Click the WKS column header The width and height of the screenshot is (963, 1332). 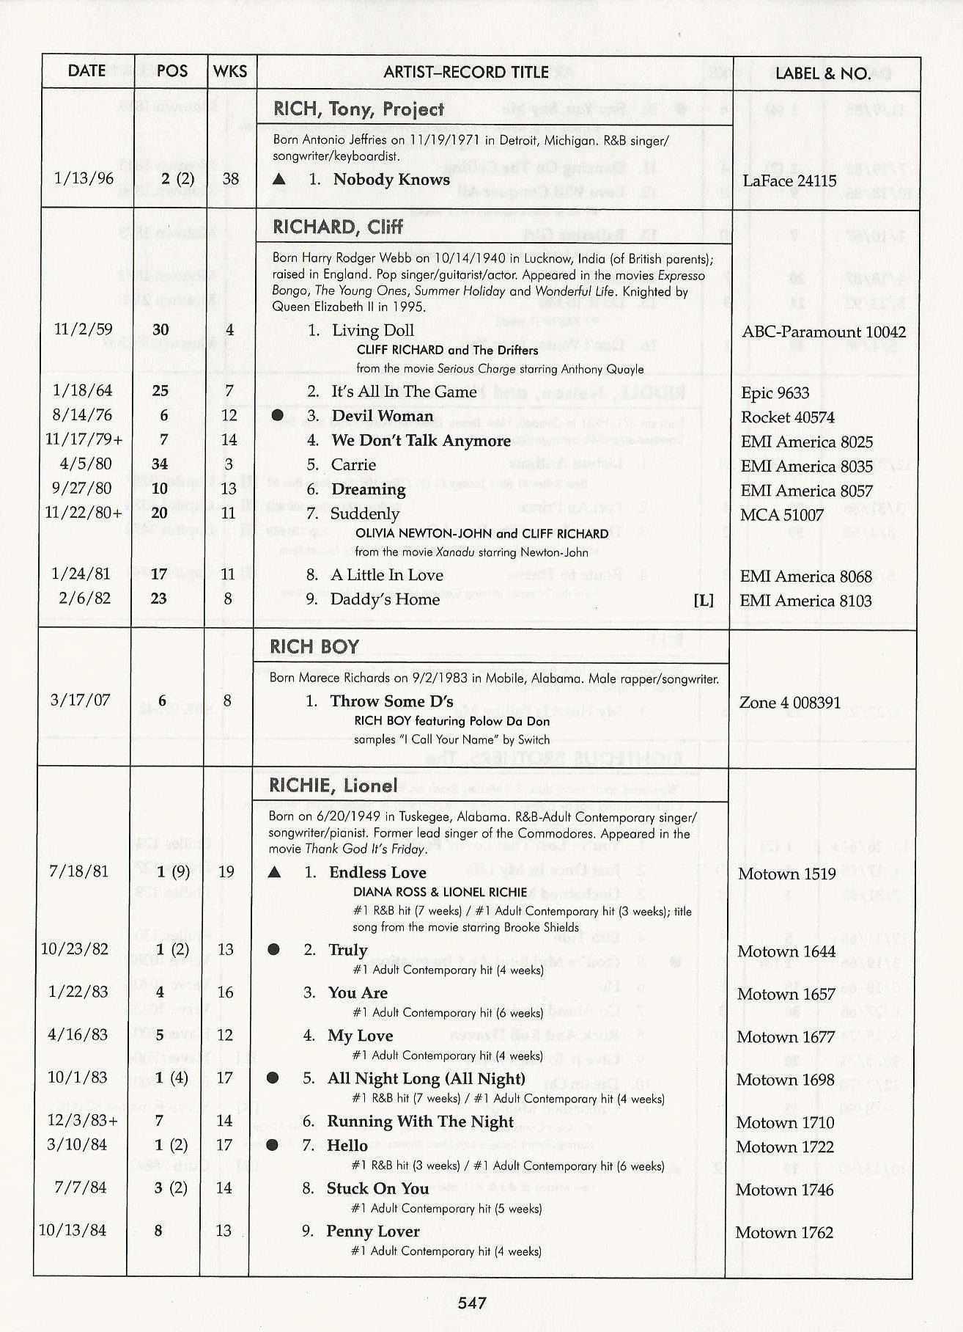(x=230, y=72)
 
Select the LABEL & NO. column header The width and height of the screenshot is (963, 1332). (x=823, y=73)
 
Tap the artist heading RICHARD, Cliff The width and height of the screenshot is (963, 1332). (x=338, y=227)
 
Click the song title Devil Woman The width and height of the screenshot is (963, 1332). (x=383, y=416)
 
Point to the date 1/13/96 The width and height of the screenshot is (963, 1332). (x=84, y=178)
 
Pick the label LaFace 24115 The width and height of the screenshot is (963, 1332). (x=789, y=180)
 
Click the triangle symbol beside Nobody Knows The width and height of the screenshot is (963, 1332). (x=279, y=179)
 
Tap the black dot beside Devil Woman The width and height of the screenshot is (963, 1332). (x=278, y=415)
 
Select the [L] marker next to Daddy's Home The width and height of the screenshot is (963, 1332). (x=703, y=600)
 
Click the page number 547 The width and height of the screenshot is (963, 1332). (x=473, y=1303)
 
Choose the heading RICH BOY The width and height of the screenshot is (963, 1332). (x=314, y=647)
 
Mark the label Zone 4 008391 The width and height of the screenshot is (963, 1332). (x=790, y=703)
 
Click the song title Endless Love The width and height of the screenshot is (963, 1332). (x=377, y=872)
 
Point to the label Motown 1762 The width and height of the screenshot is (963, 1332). (x=784, y=1232)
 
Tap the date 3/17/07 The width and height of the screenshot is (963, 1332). (x=80, y=700)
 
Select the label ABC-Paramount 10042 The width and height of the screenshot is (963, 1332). (x=824, y=332)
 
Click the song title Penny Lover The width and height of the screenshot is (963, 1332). (x=373, y=1232)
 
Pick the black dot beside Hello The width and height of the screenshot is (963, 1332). (x=273, y=1145)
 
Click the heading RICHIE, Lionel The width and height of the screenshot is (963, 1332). (x=333, y=786)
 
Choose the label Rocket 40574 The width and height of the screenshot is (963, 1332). (x=788, y=417)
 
